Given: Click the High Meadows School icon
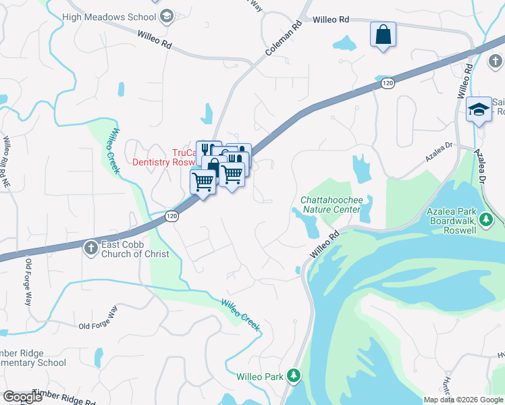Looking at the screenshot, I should (x=167, y=16).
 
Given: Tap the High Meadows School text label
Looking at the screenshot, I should (x=109, y=16).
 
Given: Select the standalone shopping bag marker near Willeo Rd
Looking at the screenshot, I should (x=383, y=34).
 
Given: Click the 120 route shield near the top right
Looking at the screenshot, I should (x=387, y=82).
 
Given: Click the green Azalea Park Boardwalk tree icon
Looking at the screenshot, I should (x=485, y=219).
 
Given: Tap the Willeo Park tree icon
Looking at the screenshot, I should (x=293, y=375).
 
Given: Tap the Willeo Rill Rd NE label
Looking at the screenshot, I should (x=7, y=161).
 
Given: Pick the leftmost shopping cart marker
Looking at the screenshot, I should (x=203, y=182).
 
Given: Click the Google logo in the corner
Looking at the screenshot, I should (x=22, y=397).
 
